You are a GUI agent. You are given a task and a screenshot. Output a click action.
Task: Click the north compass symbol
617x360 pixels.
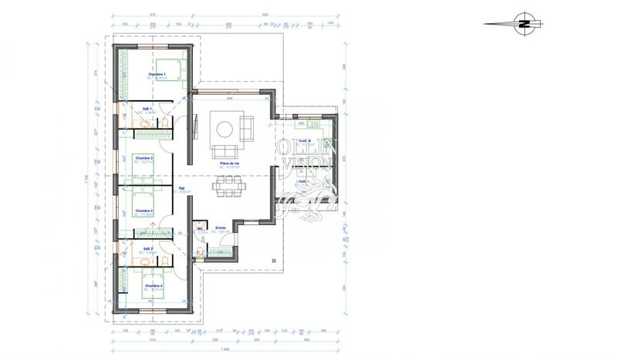pyautogui.click(x=524, y=23)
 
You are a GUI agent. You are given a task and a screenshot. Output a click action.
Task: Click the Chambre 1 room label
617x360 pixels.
pyautogui.click(x=157, y=74)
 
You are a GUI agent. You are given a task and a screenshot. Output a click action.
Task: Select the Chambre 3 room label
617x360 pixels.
pyautogui.click(x=144, y=210)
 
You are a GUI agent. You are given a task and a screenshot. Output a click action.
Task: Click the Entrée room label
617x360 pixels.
pyautogui.click(x=221, y=228)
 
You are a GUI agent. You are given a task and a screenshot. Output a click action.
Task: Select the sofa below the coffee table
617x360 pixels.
pyautogui.click(x=226, y=150)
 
